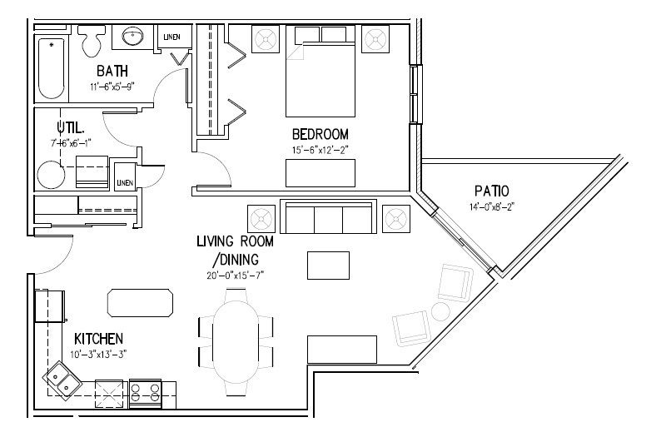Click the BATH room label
[112, 71]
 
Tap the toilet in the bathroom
[92, 41]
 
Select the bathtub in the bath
[52, 68]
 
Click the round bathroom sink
[132, 37]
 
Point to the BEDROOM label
[321, 134]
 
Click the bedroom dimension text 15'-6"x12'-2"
[321, 150]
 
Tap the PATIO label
[491, 191]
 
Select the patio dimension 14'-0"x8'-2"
[492, 206]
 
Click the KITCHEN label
[98, 339]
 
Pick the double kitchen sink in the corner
[62, 381]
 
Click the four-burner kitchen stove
[145, 394]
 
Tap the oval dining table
[236, 342]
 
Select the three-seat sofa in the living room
[328, 216]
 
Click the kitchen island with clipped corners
[140, 303]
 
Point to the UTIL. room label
[71, 127]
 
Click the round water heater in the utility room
[51, 175]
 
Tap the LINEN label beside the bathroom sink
[171, 37]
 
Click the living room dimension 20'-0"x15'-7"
[236, 276]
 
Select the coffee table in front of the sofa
[328, 266]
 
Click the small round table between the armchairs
[441, 312]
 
